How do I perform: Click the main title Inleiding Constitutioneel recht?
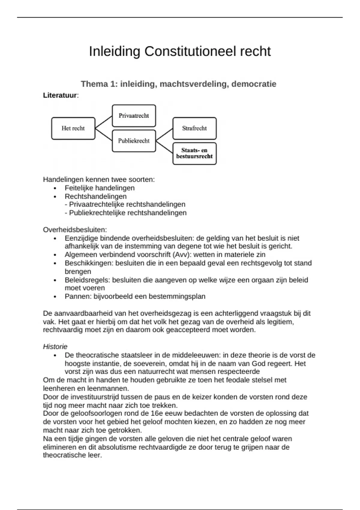tap(180, 51)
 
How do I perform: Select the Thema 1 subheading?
tap(178, 84)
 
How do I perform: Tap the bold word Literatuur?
tap(60, 95)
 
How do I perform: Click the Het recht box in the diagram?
tap(73, 128)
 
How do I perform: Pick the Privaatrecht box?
tap(134, 116)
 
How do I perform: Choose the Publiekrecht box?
tap(134, 141)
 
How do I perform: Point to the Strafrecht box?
tap(194, 128)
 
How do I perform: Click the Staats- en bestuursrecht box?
tap(194, 153)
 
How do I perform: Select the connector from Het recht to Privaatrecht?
tap(103, 122)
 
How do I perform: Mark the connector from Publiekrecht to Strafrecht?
tap(164, 135)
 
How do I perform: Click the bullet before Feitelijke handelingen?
tap(55, 188)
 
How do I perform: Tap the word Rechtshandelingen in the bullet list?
tap(96, 196)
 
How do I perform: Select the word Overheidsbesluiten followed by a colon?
tap(75, 230)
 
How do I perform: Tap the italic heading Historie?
tap(55, 347)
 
